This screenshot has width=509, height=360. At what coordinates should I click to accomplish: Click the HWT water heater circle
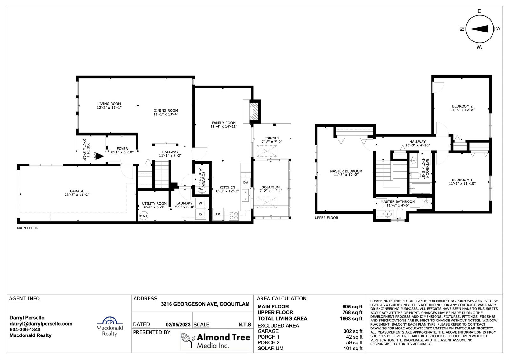pyautogui.click(x=143, y=216)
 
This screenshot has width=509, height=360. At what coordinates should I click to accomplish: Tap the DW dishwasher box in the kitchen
pyautogui.click(x=246, y=182)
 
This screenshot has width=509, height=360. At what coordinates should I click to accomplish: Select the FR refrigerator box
pyautogui.click(x=218, y=214)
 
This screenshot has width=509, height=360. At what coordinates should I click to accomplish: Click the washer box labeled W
pyautogui.click(x=200, y=203)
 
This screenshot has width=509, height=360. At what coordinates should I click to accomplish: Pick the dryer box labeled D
pyautogui.click(x=200, y=214)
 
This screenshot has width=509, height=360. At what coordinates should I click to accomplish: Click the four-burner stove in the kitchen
pyautogui.click(x=234, y=215)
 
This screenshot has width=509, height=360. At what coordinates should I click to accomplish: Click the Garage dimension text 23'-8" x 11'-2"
pyautogui.click(x=77, y=195)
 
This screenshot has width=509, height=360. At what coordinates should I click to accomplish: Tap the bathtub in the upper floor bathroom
pyautogui.click(x=421, y=188)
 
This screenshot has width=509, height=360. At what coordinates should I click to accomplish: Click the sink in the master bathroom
pyautogui.click(x=387, y=214)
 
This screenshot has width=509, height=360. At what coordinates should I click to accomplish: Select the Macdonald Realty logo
pyautogui.click(x=110, y=326)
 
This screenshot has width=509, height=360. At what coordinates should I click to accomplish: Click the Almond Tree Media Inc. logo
pyautogui.click(x=216, y=341)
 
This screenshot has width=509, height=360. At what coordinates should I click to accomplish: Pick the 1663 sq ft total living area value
pyautogui.click(x=351, y=319)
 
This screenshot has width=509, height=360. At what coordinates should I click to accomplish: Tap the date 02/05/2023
pyautogui.click(x=178, y=325)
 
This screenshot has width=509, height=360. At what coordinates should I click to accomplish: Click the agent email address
pyautogui.click(x=41, y=324)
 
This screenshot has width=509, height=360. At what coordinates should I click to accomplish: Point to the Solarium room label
pyautogui.click(x=270, y=187)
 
